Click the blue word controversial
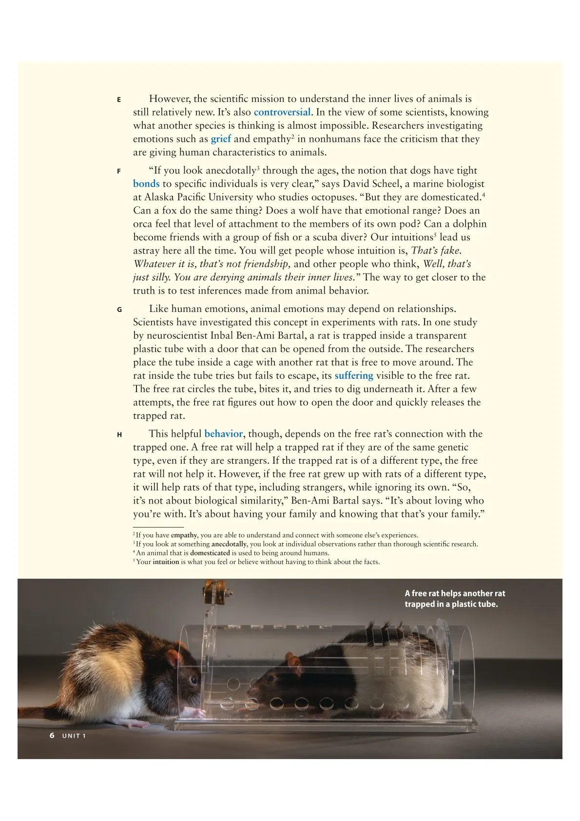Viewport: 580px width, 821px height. (282, 112)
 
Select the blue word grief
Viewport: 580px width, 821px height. (221, 139)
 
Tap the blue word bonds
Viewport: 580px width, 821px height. (146, 184)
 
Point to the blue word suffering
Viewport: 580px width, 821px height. (353, 376)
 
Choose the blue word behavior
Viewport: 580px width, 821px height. (223, 434)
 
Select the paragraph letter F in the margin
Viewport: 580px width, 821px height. (119, 172)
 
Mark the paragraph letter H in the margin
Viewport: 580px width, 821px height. (119, 435)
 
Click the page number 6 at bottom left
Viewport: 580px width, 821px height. (52, 735)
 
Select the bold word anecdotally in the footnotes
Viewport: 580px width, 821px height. (229, 544)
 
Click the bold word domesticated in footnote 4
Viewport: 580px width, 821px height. (210, 553)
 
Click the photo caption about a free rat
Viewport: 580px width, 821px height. (454, 599)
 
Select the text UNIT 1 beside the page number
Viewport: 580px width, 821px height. (74, 736)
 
